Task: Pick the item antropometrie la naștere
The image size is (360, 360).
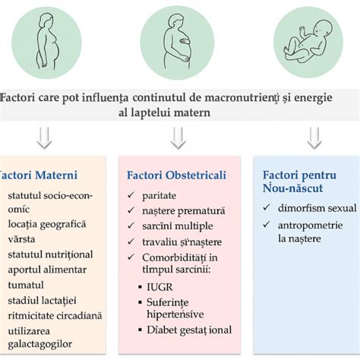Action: click(x=309, y=231)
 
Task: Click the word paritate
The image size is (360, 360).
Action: click(x=161, y=196)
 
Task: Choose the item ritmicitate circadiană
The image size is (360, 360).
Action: click(x=55, y=314)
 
